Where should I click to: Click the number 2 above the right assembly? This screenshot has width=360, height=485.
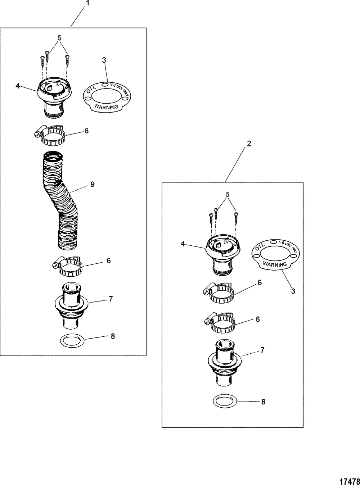coord(249,143)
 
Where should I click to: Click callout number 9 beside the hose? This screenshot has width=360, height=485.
coord(93,184)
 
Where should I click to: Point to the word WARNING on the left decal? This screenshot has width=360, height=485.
coord(106,106)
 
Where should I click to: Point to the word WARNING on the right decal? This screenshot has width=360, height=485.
coord(275,264)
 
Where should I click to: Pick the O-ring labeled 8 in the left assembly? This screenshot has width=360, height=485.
coord(72,340)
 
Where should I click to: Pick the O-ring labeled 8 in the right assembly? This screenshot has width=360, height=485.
coord(225,401)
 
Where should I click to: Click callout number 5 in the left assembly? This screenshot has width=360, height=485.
coord(60,37)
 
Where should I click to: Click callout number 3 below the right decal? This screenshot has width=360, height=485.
coord(293,291)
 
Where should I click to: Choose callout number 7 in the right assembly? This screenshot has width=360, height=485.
coord(262,349)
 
